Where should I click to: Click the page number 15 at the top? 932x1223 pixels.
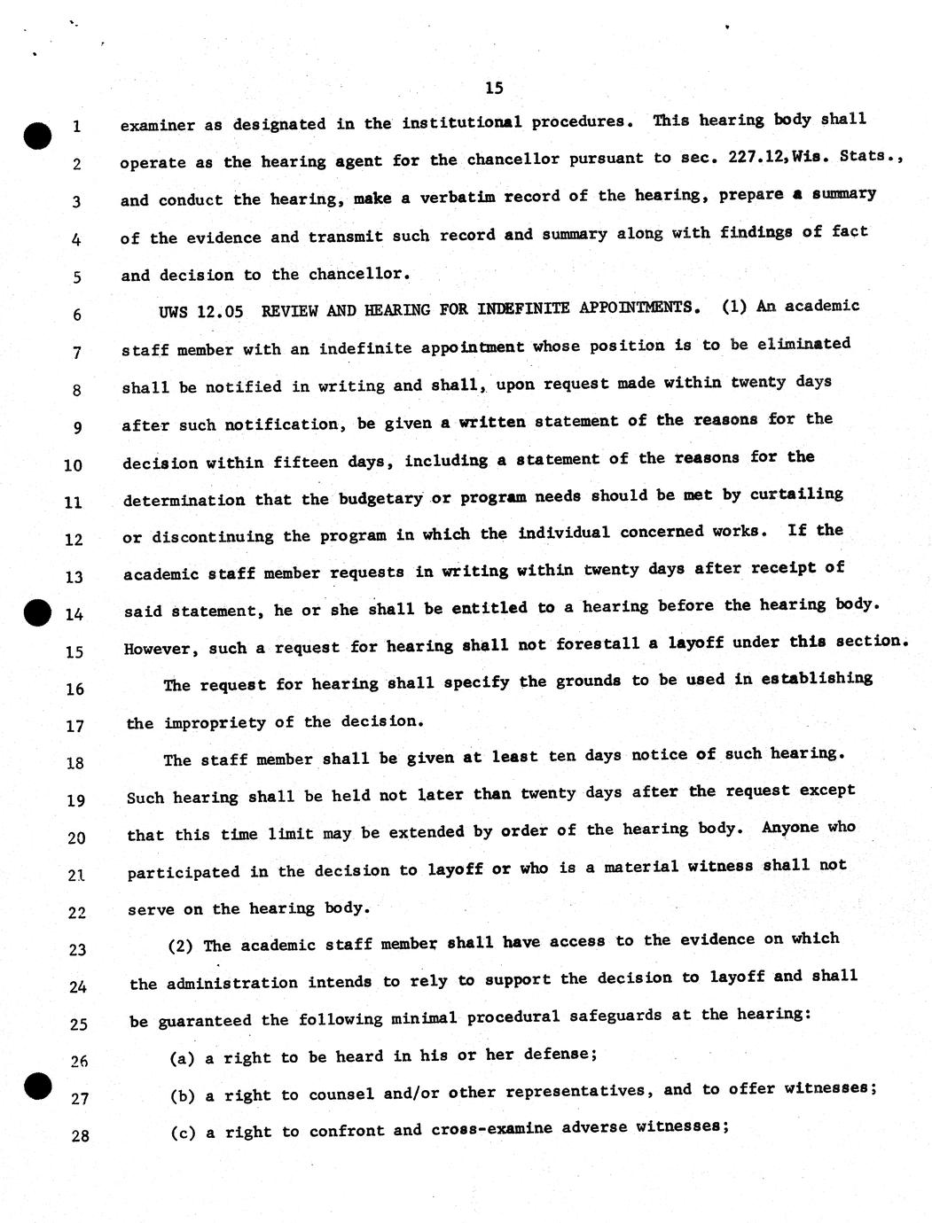495,88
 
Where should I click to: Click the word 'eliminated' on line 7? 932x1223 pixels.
805,344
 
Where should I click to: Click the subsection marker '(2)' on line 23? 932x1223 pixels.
181,946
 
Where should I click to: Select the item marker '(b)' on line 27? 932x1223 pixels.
182,1096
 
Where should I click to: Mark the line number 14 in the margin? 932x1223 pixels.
74,614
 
